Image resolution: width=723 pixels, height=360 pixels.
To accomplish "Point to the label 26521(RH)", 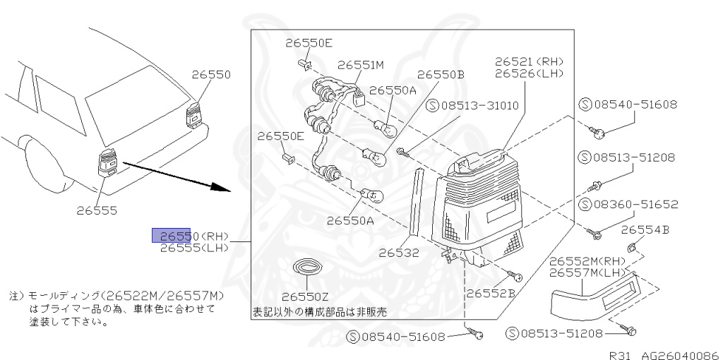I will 529,61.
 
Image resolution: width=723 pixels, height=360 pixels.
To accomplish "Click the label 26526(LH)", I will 529,73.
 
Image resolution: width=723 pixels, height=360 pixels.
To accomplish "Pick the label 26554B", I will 645,229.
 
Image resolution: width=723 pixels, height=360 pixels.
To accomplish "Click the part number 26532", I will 398,252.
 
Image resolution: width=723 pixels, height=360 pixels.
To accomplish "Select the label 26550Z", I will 306,296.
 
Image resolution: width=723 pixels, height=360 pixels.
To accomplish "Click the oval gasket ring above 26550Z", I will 306,269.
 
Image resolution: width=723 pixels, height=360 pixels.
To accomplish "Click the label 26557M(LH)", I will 587,272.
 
